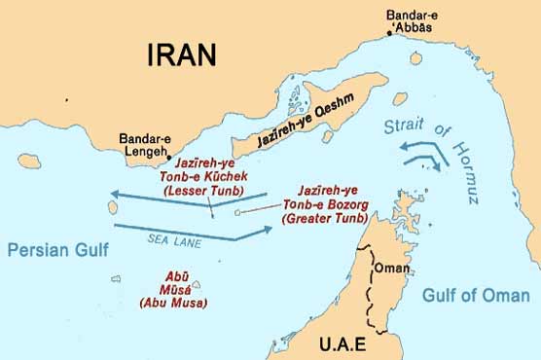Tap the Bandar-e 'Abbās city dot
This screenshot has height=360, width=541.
coord(390,33)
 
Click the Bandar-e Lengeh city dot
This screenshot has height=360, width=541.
coord(169,157)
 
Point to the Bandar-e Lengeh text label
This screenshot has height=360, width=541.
coord(144,146)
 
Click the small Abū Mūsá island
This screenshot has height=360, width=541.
coord(196,285)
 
